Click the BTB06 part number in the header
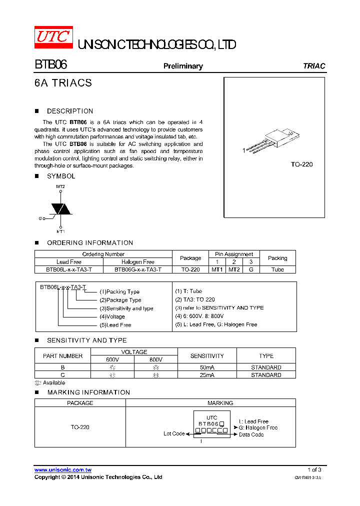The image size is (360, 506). click(x=50, y=65)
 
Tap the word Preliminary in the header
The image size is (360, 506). click(x=183, y=66)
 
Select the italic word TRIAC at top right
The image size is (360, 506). click(x=314, y=66)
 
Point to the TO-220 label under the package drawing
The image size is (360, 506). click(x=301, y=164)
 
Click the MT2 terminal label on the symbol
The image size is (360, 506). click(x=60, y=186)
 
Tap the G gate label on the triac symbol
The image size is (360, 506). click(x=40, y=218)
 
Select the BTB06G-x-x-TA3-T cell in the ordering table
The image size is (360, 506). click(x=137, y=269)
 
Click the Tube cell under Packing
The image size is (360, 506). click(x=277, y=269)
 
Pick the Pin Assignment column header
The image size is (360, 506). click(x=234, y=254)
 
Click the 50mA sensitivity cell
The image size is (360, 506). click(x=207, y=367)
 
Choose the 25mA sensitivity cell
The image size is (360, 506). click(x=207, y=375)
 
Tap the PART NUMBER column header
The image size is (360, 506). click(x=63, y=356)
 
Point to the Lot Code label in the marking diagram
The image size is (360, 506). click(x=174, y=433)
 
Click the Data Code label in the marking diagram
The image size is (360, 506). click(x=251, y=434)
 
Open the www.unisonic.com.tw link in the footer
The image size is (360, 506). click(x=63, y=470)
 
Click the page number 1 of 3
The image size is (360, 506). click(x=314, y=469)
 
